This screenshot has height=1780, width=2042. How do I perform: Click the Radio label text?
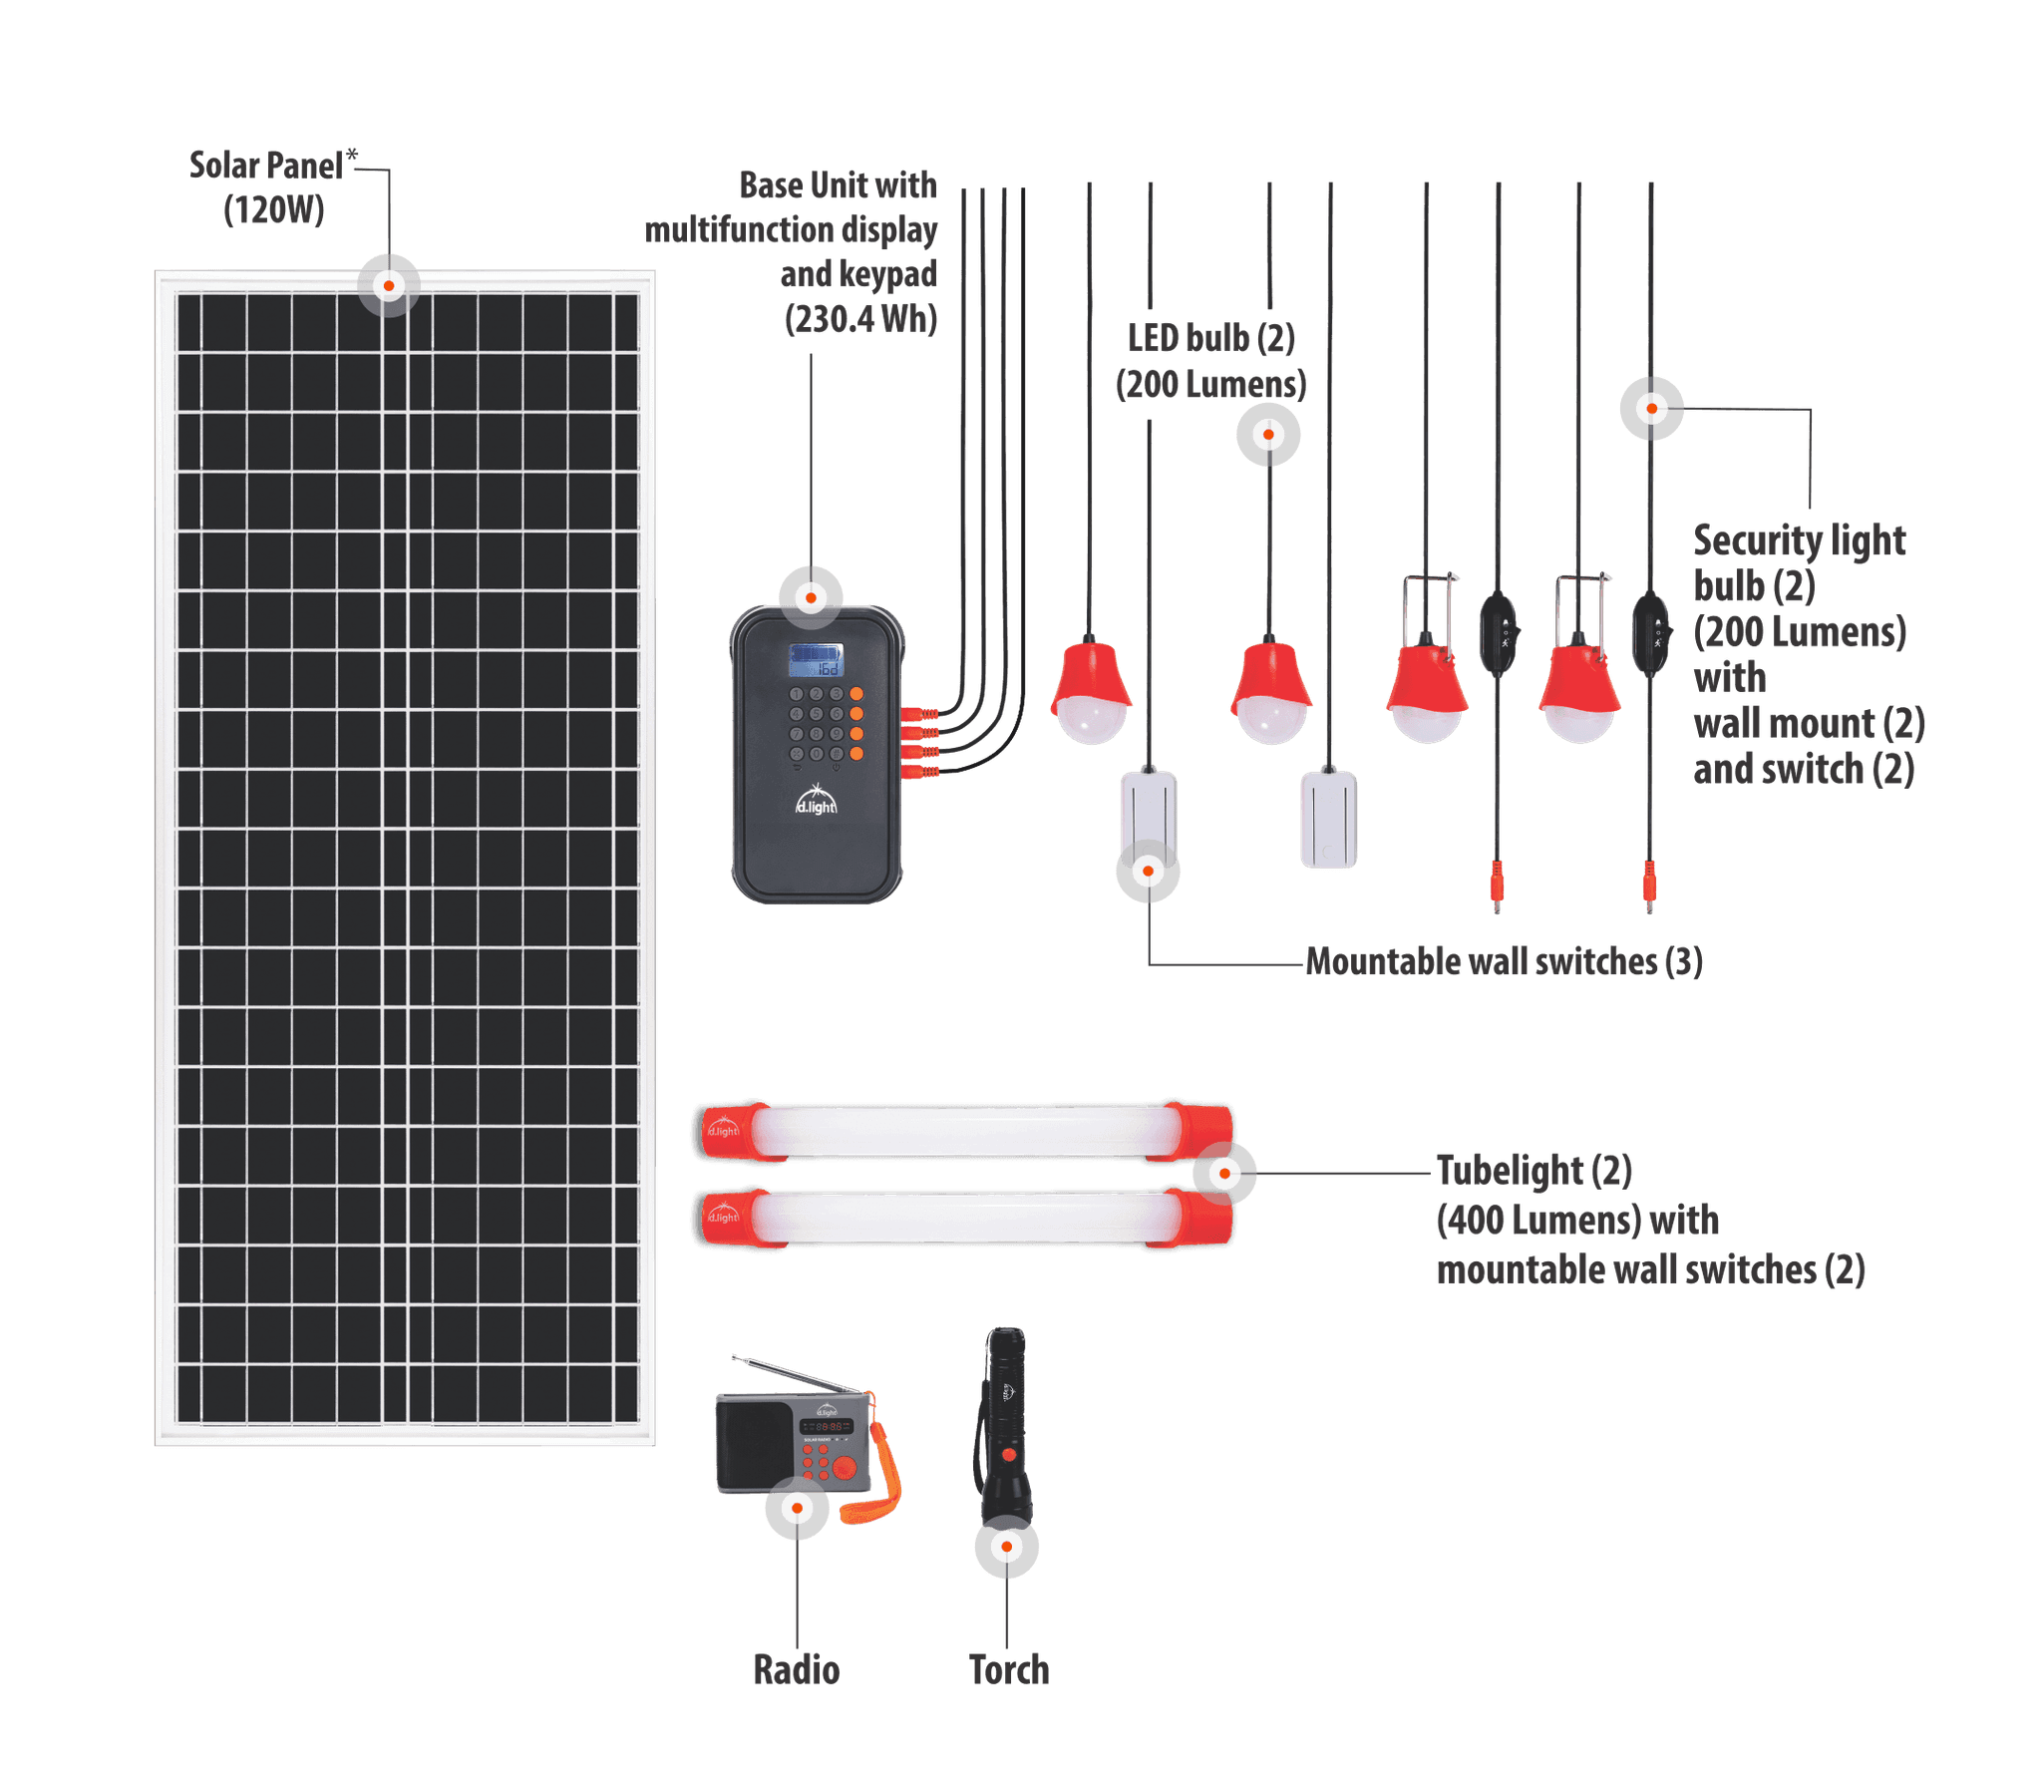(796, 1669)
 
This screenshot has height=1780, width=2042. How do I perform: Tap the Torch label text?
(1008, 1669)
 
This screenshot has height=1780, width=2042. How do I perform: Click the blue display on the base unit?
(816, 660)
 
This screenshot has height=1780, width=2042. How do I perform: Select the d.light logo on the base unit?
(816, 803)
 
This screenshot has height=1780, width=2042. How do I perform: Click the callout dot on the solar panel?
(389, 286)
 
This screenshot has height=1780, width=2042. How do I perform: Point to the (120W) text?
(273, 210)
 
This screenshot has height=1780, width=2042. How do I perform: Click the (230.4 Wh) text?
(860, 319)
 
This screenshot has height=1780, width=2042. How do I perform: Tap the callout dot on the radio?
(797, 1508)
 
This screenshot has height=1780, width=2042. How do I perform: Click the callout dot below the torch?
(1007, 1547)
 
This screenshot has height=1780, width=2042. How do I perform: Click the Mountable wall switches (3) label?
(1504, 961)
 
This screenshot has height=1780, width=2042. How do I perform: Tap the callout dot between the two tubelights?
(1224, 1174)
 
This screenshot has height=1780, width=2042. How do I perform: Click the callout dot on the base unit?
(812, 598)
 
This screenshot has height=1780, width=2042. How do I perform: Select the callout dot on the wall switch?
(1148, 871)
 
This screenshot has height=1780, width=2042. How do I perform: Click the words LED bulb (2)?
(1210, 339)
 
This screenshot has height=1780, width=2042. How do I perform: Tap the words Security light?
(1799, 540)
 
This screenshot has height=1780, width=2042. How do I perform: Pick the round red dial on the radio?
(845, 1467)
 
